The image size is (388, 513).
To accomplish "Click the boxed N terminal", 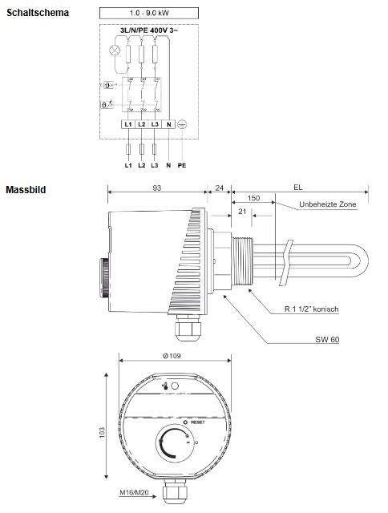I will click(x=168, y=125).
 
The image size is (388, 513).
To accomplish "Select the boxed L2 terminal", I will click(x=141, y=125).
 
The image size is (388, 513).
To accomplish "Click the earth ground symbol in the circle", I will click(x=183, y=125).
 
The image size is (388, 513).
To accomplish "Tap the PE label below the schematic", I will click(x=184, y=165).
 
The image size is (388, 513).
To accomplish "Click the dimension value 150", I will click(x=254, y=198).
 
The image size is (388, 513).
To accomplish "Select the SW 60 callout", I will click(x=327, y=339).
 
